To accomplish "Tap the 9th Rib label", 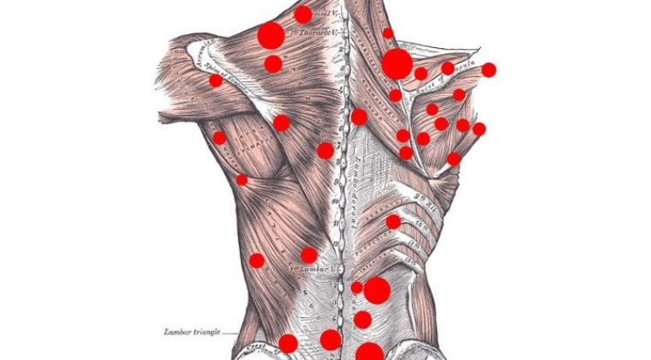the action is [422, 195].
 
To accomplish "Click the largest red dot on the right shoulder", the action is [397, 63].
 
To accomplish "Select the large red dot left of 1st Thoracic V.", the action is [271, 35].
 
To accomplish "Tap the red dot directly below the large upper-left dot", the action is [273, 63].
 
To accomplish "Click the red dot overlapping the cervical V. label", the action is [302, 15].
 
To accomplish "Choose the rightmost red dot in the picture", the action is [489, 70].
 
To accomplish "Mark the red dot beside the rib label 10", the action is [393, 222].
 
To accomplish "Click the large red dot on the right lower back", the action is [377, 291].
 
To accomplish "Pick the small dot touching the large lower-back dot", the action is [357, 288].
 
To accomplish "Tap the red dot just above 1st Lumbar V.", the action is [308, 255].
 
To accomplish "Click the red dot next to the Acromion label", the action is [216, 81].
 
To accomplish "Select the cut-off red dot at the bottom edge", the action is [369, 351].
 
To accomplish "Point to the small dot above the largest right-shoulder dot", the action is [388, 33].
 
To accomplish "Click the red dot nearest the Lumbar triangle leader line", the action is [288, 344].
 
